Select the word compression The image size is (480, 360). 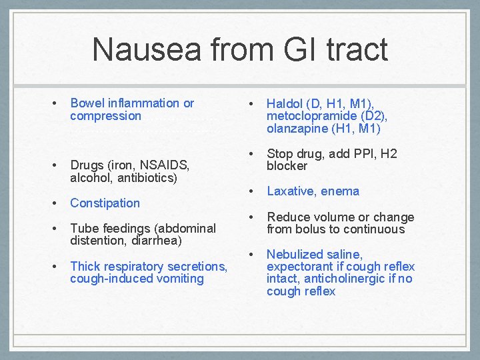105,116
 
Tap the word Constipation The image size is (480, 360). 105,203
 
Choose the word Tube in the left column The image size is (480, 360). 84,228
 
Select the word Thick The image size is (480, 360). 85,266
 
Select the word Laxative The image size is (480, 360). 291,191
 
